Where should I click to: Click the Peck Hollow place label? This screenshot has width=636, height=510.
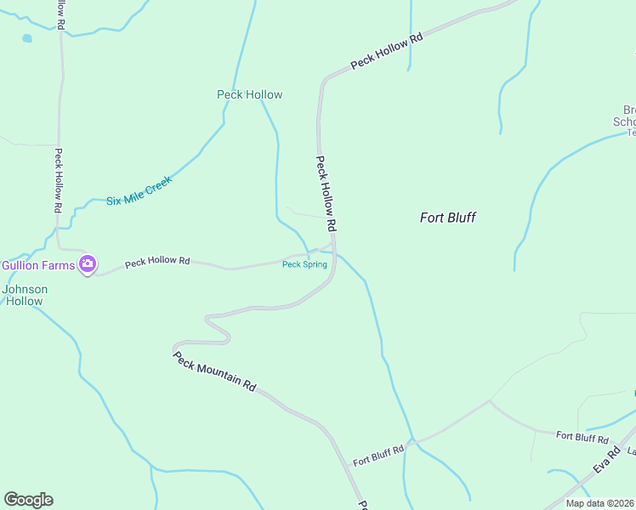[249, 94]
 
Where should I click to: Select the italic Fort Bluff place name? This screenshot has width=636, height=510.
[447, 218]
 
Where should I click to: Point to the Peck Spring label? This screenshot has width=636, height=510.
[304, 264]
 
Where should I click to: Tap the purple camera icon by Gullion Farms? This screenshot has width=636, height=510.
[87, 264]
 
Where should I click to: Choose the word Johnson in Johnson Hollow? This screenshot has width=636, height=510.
[25, 289]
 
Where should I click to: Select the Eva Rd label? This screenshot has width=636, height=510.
[604, 464]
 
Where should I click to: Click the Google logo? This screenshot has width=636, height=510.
[28, 500]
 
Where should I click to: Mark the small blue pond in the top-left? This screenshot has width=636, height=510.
[27, 39]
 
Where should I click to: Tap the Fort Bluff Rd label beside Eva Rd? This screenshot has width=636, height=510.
[582, 437]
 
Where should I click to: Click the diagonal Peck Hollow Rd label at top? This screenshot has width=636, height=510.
[387, 51]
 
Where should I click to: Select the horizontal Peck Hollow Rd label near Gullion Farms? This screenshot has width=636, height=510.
[156, 263]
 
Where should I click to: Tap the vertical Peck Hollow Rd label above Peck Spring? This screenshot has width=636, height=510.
[327, 194]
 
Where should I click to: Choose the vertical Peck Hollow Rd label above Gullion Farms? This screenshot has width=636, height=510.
[58, 181]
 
